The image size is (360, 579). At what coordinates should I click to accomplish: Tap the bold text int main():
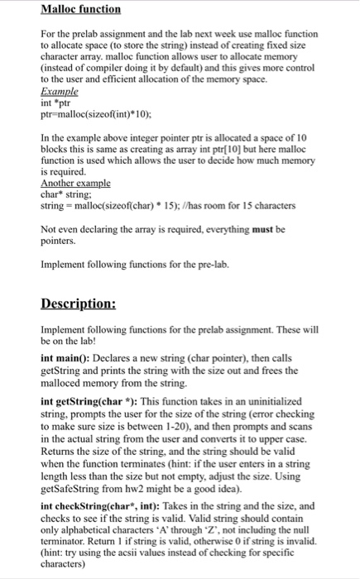coord(65,356)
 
